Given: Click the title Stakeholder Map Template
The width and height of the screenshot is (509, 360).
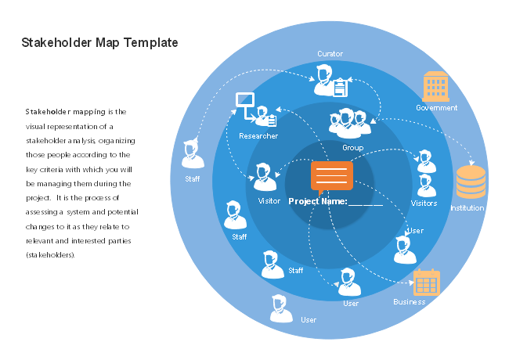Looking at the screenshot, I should [99, 42].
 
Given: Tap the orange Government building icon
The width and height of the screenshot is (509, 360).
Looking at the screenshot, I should [436, 86].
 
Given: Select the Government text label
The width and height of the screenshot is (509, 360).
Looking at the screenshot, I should [436, 108].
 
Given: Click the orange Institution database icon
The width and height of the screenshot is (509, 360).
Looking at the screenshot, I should [470, 182].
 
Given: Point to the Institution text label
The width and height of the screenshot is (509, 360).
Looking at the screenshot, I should [467, 208].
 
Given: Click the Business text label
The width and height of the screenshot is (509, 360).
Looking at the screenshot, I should [410, 301].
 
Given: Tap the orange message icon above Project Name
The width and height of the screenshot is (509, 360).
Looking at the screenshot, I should [331, 176].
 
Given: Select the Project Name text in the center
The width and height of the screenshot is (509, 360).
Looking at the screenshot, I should [335, 201].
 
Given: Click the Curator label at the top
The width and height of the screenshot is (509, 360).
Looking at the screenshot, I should [330, 54].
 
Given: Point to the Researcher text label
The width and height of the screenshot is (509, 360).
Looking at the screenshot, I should [258, 136].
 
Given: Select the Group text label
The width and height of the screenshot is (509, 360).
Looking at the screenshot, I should [352, 147].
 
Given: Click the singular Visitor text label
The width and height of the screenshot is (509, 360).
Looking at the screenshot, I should [269, 201].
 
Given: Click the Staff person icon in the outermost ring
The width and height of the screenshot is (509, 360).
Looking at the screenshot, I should [193, 155].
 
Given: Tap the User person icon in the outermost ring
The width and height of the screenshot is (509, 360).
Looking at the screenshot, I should [281, 310].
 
